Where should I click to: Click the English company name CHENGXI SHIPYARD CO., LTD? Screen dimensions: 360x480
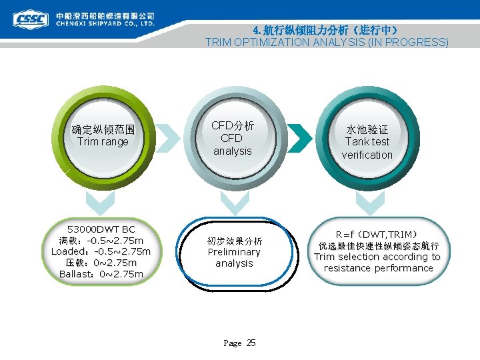point(105,23)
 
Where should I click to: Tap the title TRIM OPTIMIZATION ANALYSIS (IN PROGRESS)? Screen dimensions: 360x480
point(327,42)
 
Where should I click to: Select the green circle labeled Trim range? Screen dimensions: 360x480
point(103,136)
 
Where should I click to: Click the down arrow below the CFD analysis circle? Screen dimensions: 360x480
point(234,201)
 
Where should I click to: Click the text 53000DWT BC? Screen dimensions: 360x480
point(101,229)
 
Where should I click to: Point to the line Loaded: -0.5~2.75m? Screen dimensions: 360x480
point(101,251)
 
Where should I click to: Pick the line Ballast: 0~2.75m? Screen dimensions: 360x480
point(101,274)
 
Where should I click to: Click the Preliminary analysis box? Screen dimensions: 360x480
point(234,253)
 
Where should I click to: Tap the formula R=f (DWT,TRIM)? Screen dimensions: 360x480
point(376,234)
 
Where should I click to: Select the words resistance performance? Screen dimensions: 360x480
point(378,268)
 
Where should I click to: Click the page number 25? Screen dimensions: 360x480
point(251,343)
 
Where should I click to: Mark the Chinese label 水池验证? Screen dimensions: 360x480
point(367,129)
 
